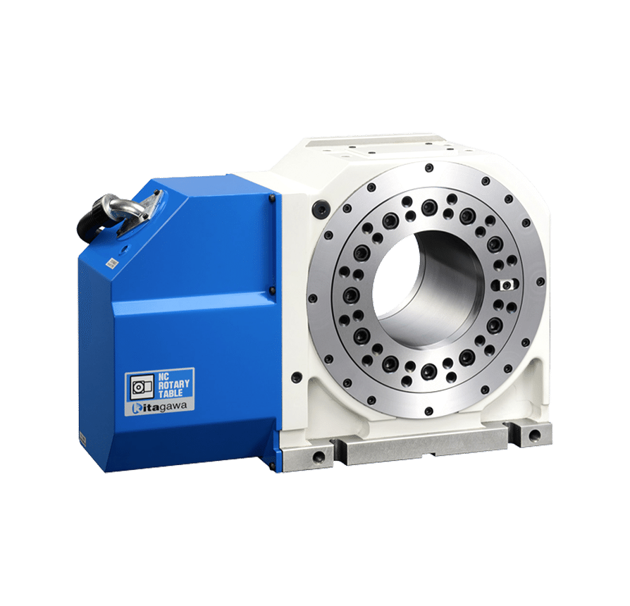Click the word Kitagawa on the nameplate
(159, 407)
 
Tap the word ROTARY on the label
(173, 384)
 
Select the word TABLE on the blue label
(171, 393)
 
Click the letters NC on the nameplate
(163, 376)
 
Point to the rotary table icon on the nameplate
(142, 387)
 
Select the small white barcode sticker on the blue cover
(111, 264)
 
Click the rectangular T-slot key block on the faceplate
(505, 285)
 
